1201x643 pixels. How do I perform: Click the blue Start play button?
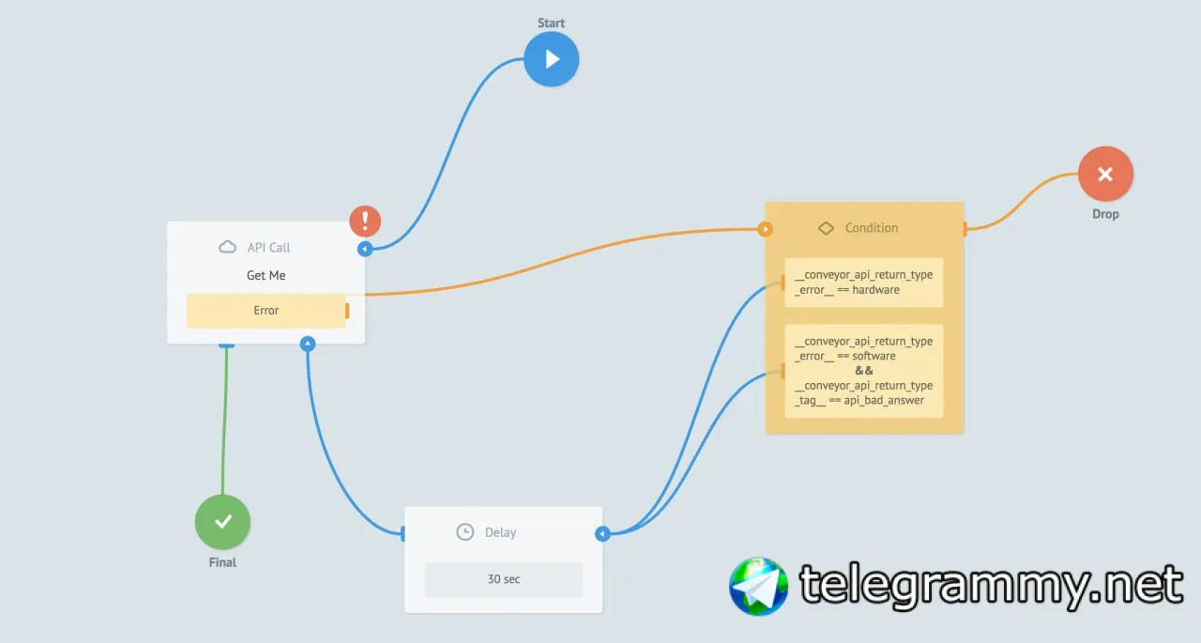coord(551,59)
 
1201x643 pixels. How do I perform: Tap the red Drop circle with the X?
coord(1105,174)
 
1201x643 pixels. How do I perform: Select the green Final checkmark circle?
coord(222,522)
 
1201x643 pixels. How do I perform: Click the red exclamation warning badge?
coord(365,221)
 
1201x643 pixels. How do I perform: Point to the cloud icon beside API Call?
coord(227,247)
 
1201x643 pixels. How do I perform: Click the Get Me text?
coord(266,275)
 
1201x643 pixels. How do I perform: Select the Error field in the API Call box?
coord(266,311)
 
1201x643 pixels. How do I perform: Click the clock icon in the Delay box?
coord(464,532)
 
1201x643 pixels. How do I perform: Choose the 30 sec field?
coord(504,579)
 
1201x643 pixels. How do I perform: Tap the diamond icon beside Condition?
coord(826,228)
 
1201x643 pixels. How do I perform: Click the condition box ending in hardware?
coord(864,283)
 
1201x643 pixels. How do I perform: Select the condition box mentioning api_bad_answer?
coord(864,371)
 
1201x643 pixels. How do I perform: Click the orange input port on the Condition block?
coord(765,229)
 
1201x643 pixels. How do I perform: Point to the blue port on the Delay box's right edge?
coord(602,533)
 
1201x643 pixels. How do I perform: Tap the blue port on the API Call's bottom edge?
coord(308,344)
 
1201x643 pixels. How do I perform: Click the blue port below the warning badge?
coord(365,249)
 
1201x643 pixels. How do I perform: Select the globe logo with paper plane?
coord(759,586)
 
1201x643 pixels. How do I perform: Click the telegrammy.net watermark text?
coord(991,586)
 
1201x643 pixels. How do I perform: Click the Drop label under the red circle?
coord(1105,214)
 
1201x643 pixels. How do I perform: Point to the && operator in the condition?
coord(864,371)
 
